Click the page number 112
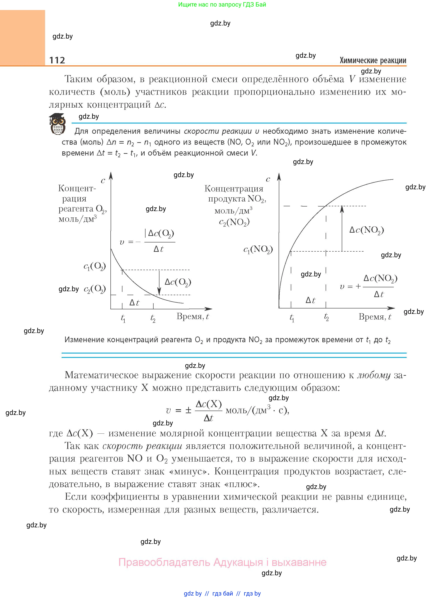pos(57,60)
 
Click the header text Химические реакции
pos(373,60)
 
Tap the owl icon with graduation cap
pos(57,124)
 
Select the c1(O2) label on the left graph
pos(95,267)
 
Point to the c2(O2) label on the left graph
pos(95,289)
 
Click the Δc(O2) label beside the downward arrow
pos(178,282)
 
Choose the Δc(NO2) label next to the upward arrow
pos(366,230)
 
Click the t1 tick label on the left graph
pos(123,318)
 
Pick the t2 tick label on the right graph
pos(327,317)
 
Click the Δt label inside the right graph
pos(310,300)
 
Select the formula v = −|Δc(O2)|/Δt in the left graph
pos(147,241)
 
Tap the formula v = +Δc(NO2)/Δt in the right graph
pos(369,286)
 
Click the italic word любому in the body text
pos(374,375)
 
